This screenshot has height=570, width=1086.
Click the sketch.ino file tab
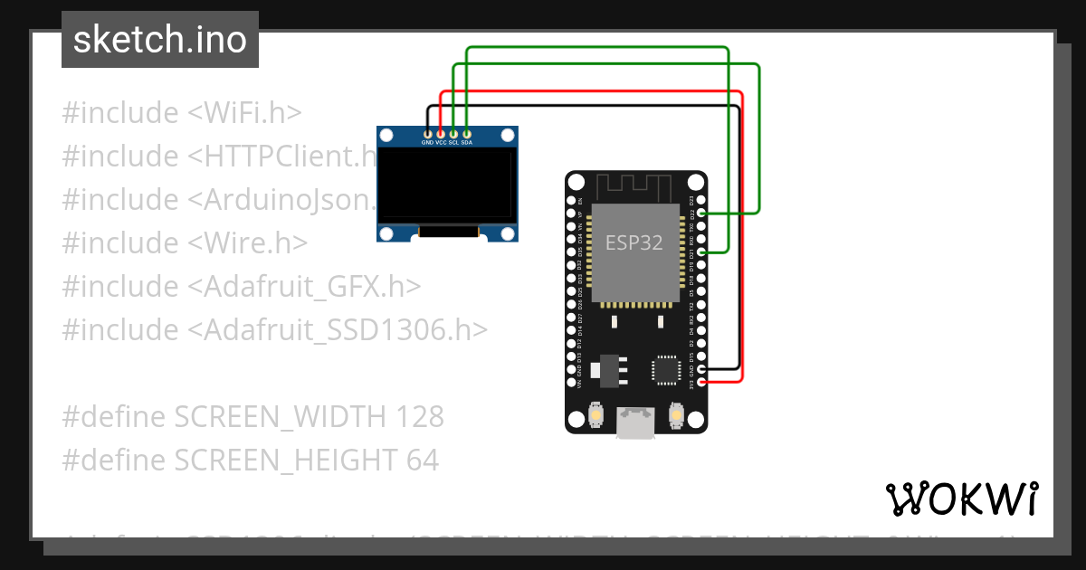[160, 40]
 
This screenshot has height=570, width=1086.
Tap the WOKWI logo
[961, 499]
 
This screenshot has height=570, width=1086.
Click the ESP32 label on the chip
[633, 242]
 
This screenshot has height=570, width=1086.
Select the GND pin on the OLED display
[427, 134]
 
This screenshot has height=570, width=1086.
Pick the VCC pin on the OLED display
[441, 134]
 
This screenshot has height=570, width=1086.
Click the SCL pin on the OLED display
[453, 134]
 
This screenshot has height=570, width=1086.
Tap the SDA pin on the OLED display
[466, 134]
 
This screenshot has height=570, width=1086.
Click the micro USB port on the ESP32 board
[635, 422]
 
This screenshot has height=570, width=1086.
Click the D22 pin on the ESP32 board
[701, 214]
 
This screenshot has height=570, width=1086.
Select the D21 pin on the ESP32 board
[701, 254]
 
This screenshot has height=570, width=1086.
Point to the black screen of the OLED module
[447, 186]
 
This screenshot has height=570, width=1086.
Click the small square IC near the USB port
[665, 369]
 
